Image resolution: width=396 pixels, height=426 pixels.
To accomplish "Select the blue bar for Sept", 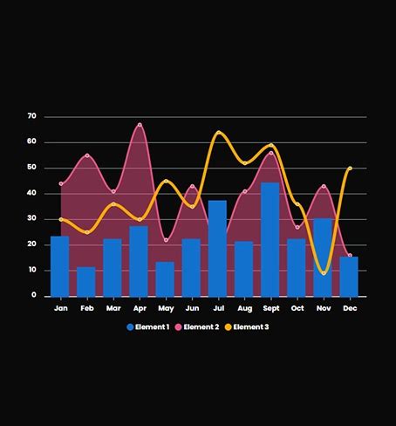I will tap(270, 240).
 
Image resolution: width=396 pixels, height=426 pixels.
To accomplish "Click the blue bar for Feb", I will tap(86, 282).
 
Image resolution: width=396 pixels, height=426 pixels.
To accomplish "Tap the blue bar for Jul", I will tap(217, 249).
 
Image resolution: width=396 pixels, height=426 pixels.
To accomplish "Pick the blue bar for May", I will tap(165, 279).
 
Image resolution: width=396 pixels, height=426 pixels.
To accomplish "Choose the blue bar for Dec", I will tap(349, 277).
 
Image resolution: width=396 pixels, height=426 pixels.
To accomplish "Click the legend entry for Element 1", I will tap(148, 326).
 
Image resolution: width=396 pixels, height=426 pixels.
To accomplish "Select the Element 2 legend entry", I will tap(200, 326).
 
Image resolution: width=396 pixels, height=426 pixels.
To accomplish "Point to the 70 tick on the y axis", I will tap(31, 116).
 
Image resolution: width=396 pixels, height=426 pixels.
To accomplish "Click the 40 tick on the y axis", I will tap(31, 193).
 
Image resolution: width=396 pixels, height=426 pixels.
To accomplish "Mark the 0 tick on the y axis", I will tap(34, 296).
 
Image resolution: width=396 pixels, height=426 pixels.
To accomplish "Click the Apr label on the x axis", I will tap(139, 308).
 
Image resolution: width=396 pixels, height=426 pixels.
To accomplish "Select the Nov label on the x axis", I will tap(324, 308).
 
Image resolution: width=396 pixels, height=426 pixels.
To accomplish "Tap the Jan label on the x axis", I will tap(60, 308).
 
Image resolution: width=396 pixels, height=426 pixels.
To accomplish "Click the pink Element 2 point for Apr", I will tap(140, 125).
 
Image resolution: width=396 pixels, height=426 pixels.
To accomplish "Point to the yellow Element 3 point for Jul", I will tap(218, 133).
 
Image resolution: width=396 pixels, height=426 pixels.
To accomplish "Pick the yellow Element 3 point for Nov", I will tap(324, 273).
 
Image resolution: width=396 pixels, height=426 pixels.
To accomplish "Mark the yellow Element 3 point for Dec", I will tap(350, 168).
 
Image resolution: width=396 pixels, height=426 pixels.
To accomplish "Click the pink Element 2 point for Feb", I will tap(86, 155).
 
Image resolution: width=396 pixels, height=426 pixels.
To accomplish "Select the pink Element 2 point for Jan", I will tap(60, 184).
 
